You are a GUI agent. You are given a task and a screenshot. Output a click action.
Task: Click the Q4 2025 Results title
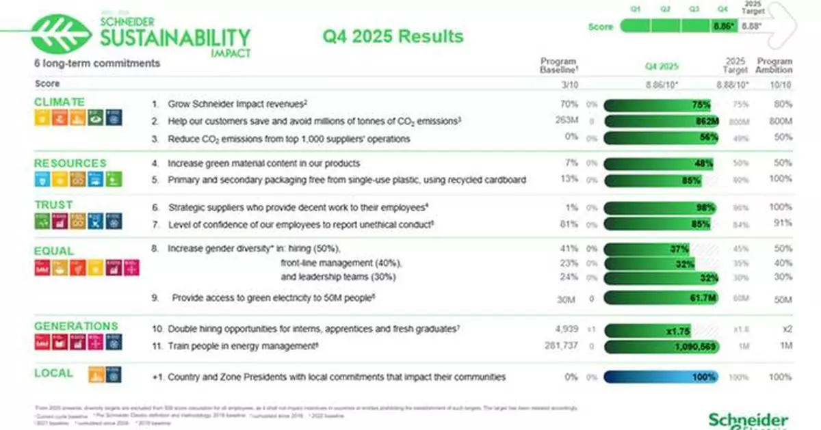coord(393,36)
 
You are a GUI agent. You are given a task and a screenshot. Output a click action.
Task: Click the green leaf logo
coord(62,33)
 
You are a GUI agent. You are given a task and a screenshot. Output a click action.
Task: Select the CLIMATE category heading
coord(60,103)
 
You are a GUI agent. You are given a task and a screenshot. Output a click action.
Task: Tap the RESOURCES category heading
coord(70,163)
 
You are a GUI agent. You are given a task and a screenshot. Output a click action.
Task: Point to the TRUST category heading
coord(53,204)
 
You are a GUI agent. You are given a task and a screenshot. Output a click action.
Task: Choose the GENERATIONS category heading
coord(76,326)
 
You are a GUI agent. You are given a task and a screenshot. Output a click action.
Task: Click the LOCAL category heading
coord(53,373)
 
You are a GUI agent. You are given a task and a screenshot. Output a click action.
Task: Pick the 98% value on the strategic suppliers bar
coord(704,207)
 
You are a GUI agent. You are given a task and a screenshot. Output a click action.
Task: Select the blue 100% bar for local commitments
coord(660,377)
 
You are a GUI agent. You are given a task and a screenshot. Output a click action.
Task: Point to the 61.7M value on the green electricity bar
coord(701,298)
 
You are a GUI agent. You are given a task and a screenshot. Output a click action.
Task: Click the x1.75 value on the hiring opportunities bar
coord(678,330)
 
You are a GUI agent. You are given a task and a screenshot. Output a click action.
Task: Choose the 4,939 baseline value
coord(564,329)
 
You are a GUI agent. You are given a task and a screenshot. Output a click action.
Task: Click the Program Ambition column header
coord(774,65)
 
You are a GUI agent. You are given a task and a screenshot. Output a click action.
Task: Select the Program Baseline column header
coord(558,65)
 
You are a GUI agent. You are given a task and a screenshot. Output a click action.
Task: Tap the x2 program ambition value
coord(787,329)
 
